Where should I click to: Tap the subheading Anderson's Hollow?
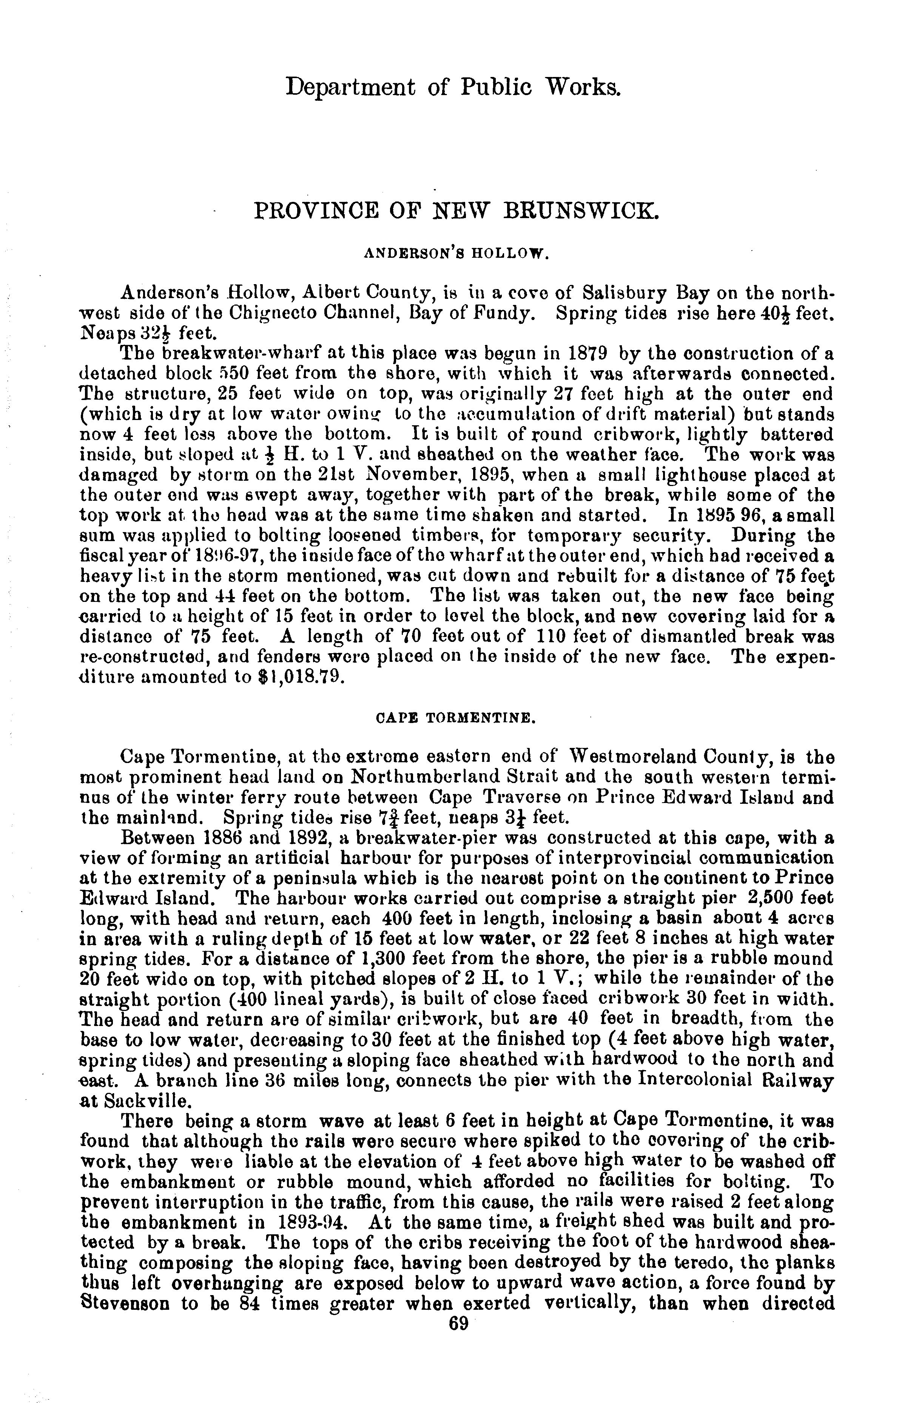(456, 254)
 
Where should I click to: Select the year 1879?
(588, 354)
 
